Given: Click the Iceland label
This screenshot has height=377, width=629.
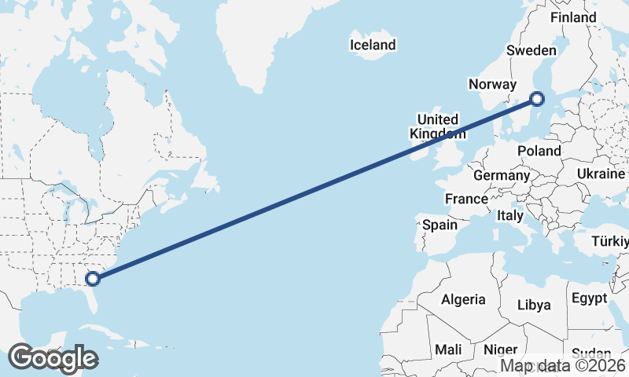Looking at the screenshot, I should click(x=373, y=45).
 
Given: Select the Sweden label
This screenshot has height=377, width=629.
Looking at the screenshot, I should click(x=531, y=50).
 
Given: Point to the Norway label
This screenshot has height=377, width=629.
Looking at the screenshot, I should click(x=491, y=85).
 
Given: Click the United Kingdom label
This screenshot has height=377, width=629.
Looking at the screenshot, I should click(x=434, y=126).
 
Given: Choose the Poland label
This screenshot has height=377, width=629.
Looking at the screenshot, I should click(x=539, y=151).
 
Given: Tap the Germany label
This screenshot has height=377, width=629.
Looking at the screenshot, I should click(x=502, y=175).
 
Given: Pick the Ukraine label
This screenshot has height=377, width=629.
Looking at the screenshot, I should click(x=601, y=174).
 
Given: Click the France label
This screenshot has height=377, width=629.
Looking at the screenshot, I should click(x=466, y=199).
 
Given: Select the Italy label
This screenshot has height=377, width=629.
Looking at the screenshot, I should click(x=510, y=215).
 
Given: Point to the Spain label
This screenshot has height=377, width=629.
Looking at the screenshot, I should click(x=440, y=225).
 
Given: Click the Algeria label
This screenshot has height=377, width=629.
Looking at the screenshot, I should click(x=463, y=299).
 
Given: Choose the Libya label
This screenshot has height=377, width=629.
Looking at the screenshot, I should click(x=535, y=305).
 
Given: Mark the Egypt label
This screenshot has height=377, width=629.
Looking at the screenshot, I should click(x=589, y=298).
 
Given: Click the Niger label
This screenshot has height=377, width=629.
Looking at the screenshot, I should click(x=500, y=349).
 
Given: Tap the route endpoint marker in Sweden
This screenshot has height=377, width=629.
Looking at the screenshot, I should click(x=537, y=99).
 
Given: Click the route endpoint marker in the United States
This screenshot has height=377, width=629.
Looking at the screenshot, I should click(x=93, y=278).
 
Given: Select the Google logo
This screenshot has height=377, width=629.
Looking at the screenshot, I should click(x=53, y=358).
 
